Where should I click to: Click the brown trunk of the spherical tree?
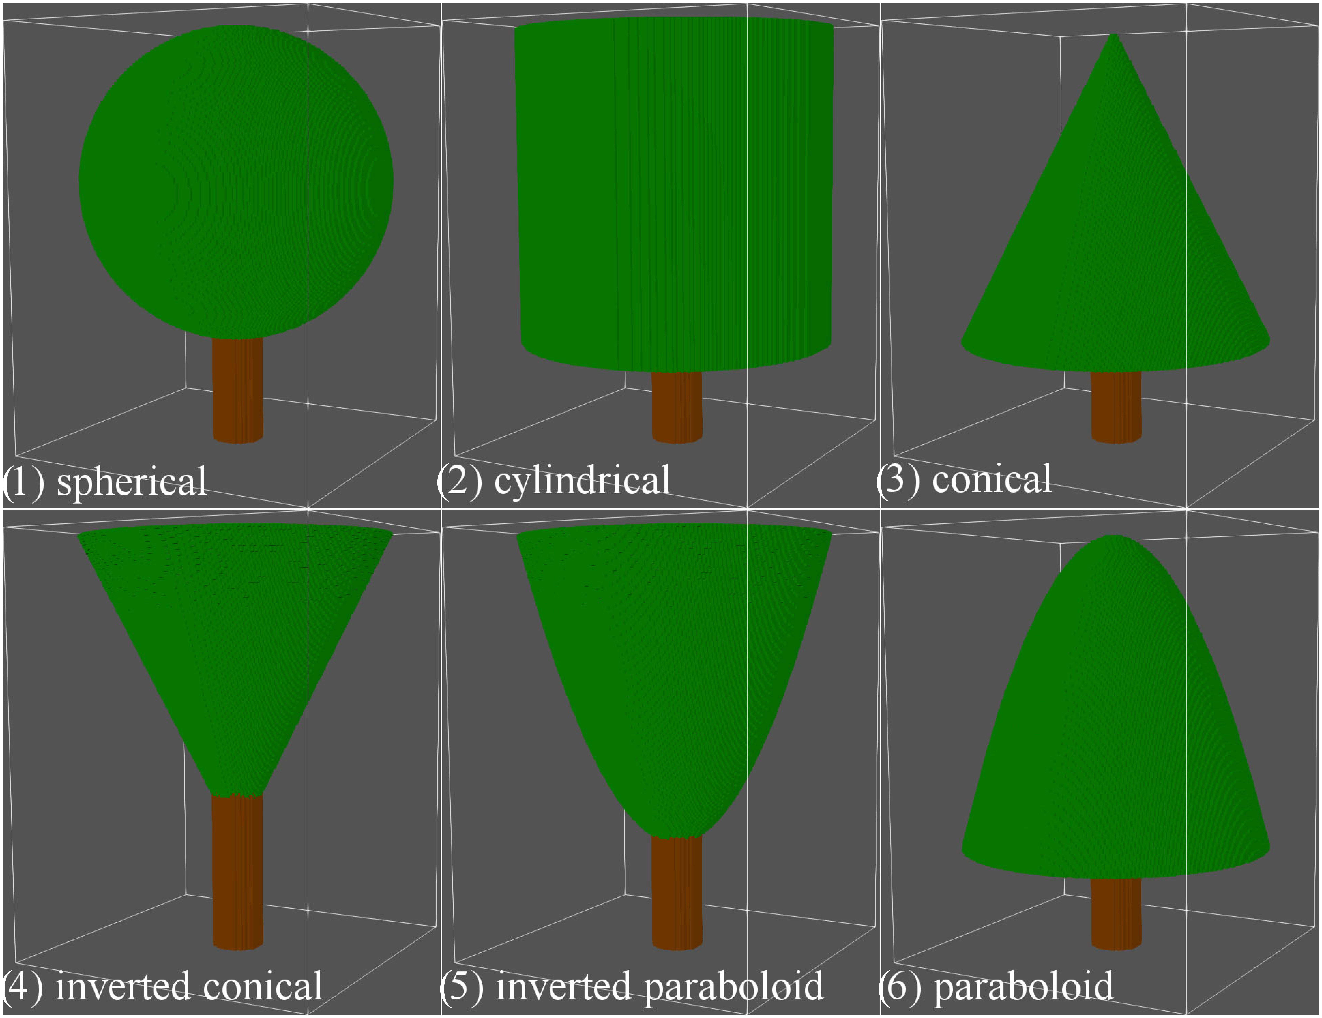coord(237,390)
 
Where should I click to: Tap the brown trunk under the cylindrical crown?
coord(677,405)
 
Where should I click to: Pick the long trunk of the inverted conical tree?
coord(237,871)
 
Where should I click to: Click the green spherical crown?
coord(236,182)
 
